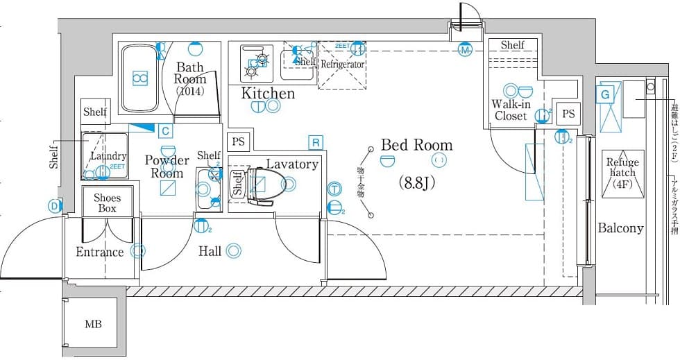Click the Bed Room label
(x=416, y=145)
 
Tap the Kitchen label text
(x=268, y=94)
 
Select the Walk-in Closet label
(x=511, y=110)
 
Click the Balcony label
(x=620, y=228)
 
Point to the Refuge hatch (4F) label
(x=622, y=173)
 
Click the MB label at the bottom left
(x=92, y=324)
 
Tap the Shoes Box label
(x=107, y=203)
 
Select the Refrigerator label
(x=342, y=64)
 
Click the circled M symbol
(x=465, y=50)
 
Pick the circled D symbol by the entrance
(x=54, y=205)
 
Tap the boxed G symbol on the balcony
(x=605, y=94)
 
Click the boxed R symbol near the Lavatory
(x=316, y=143)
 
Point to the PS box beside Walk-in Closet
(x=568, y=114)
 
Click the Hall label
(x=210, y=251)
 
